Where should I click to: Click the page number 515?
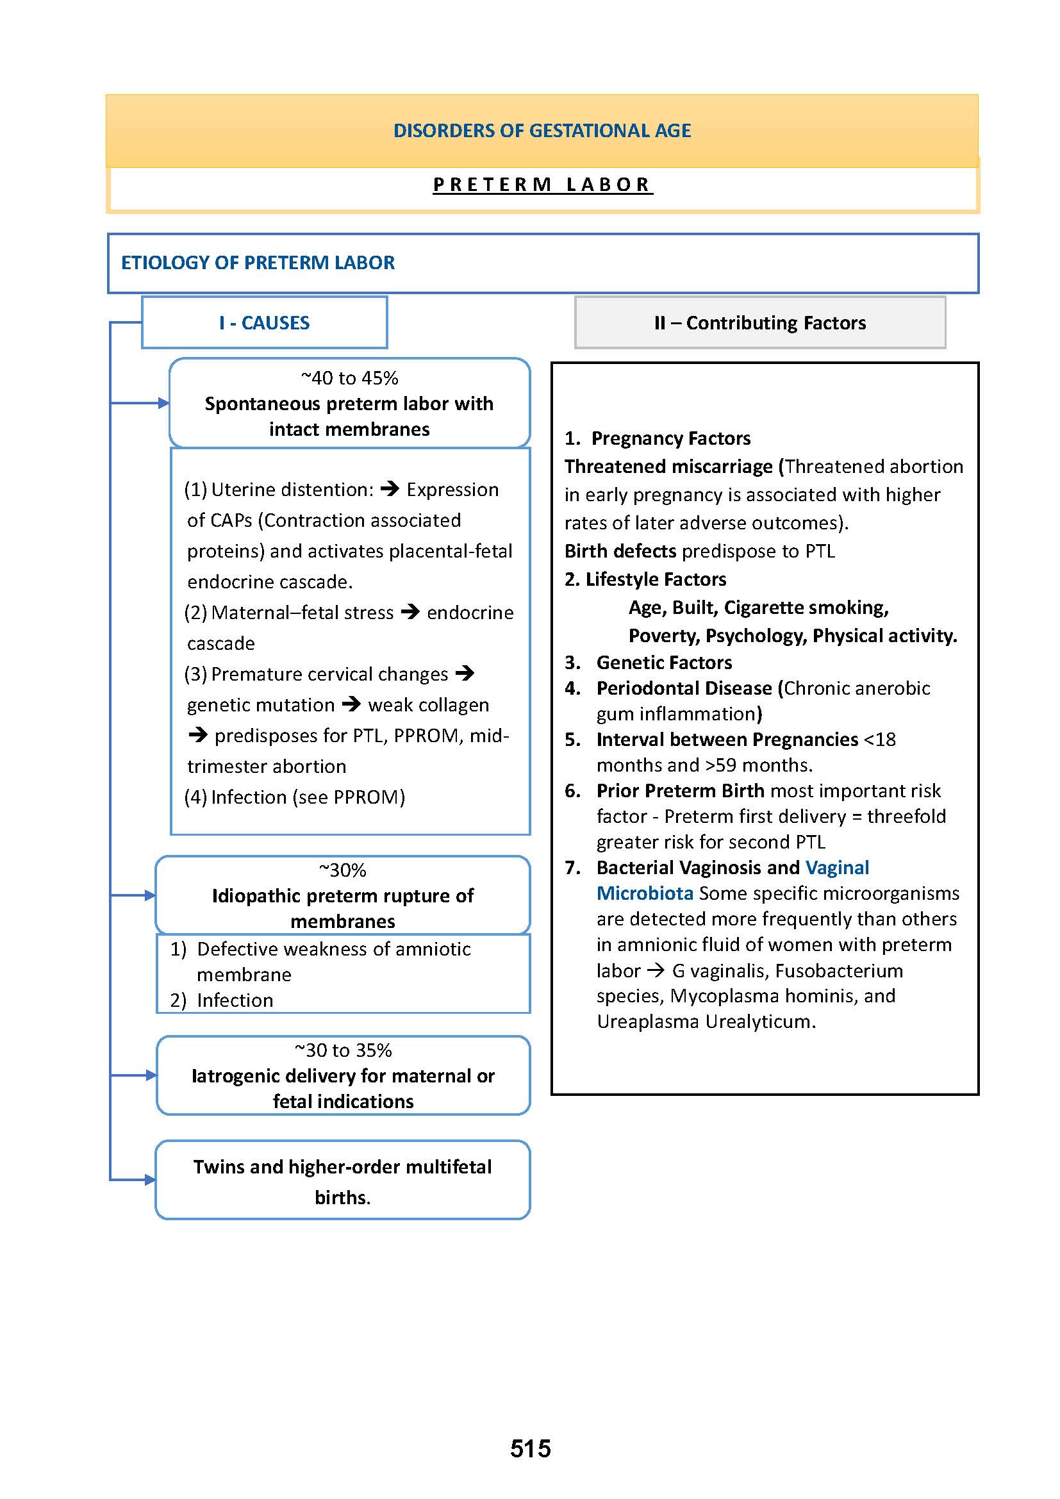pos(530,1448)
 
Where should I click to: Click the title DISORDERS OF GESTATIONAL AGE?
pos(542,131)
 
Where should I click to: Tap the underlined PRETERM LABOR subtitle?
pos(542,185)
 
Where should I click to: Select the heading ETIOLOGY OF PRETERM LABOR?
pos(258,263)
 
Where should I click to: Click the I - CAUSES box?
pos(264,322)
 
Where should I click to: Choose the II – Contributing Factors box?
pos(760,322)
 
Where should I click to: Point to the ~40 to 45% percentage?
pos(349,378)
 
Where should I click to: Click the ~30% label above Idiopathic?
pos(343,870)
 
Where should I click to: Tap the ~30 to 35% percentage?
pos(343,1050)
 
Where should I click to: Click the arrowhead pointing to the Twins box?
pos(150,1180)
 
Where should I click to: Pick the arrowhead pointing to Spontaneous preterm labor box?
pos(164,404)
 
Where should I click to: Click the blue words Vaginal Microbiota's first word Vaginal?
pos(837,868)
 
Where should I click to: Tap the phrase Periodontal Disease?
pos(684,688)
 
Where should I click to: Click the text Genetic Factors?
pos(664,663)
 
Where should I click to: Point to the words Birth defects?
pos(620,551)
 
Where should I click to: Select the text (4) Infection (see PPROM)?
pos(295,797)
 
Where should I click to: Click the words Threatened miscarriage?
pos(668,467)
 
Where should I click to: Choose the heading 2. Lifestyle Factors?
pos(645,579)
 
